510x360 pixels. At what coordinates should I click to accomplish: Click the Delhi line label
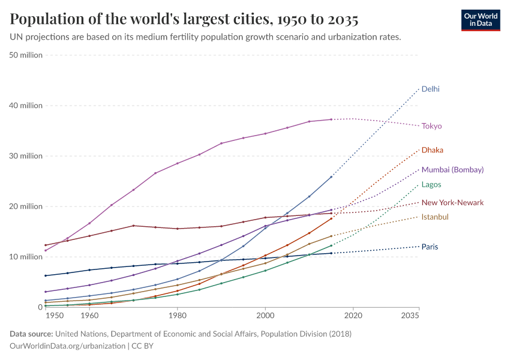(x=430, y=89)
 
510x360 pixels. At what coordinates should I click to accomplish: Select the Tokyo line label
(x=431, y=126)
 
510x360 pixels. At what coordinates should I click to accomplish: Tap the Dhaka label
(x=432, y=150)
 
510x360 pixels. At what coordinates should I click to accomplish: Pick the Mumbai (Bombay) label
(x=452, y=170)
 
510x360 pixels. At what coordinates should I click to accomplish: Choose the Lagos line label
(x=431, y=185)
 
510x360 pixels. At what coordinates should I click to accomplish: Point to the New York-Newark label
(x=452, y=203)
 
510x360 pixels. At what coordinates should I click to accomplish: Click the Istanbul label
(x=435, y=217)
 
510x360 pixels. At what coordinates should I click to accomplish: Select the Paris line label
(x=430, y=247)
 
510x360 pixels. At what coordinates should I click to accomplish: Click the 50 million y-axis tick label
(x=26, y=55)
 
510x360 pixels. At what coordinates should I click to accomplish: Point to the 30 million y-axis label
(x=26, y=156)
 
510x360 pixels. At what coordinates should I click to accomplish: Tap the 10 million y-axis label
(x=26, y=257)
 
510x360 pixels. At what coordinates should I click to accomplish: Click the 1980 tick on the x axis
(x=177, y=315)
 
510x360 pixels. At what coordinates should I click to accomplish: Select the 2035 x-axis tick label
(x=410, y=315)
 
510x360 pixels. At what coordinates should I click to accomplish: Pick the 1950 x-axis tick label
(x=54, y=315)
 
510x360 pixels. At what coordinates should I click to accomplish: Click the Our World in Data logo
(x=480, y=19)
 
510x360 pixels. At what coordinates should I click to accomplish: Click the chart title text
(x=184, y=20)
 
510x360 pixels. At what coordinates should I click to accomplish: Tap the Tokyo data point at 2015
(x=331, y=119)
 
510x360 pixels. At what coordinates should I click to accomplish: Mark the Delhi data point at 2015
(x=331, y=176)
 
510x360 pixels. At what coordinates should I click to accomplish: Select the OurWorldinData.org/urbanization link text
(x=68, y=346)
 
